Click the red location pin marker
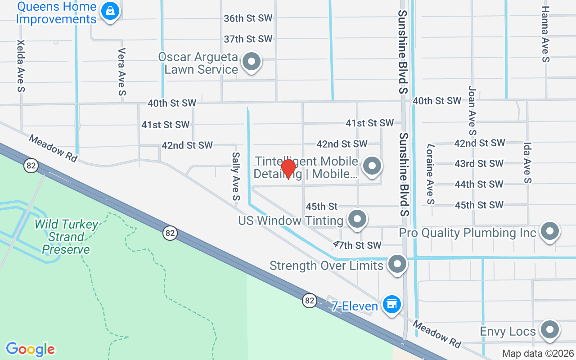pyautogui.click(x=288, y=169)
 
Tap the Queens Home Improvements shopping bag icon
pyautogui.click(x=110, y=11)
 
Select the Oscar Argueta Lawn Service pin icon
pyautogui.click(x=252, y=62)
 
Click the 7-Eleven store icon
pyautogui.click(x=391, y=305)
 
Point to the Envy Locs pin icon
pyautogui.click(x=549, y=330)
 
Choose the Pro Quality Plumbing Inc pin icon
pyautogui.click(x=549, y=231)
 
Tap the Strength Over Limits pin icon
pyautogui.click(x=397, y=264)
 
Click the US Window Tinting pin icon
pyautogui.click(x=357, y=219)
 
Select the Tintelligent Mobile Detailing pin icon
pyautogui.click(x=372, y=165)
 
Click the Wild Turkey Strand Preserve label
pyautogui.click(x=66, y=237)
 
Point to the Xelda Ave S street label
pyautogui.click(x=21, y=66)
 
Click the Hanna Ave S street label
pyautogui.click(x=546, y=34)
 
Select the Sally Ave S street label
pyautogui.click(x=236, y=176)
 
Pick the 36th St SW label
pyautogui.click(x=248, y=18)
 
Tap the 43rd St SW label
pyautogui.click(x=479, y=163)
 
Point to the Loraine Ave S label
pyautogui.click(x=431, y=174)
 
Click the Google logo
pyautogui.click(x=30, y=349)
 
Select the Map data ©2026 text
pyautogui.click(x=538, y=354)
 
